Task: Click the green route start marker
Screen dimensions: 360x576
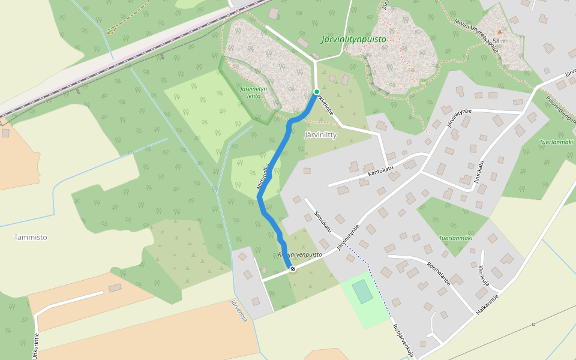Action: click(317, 92)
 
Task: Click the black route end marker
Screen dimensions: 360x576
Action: click(293, 269)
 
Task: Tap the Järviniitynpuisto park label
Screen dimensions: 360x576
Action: click(353, 40)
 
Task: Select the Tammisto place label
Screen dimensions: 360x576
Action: click(31, 237)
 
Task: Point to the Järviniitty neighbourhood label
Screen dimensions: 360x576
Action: click(320, 134)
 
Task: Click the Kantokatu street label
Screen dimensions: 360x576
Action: click(380, 172)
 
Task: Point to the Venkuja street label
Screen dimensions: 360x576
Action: click(484, 275)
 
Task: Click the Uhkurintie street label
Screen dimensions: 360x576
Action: click(37, 346)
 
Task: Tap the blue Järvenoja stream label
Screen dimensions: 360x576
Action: click(239, 311)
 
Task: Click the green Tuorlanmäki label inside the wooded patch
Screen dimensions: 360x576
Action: click(455, 238)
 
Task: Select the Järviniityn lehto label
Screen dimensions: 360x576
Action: click(253, 92)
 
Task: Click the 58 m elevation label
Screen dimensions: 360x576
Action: click(500, 41)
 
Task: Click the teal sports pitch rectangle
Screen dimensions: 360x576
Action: click(362, 292)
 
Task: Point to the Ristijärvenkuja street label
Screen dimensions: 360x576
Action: click(404, 341)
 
